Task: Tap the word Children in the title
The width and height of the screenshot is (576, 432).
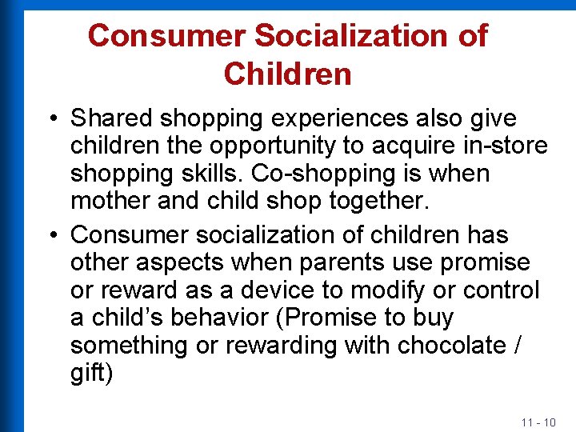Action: pyautogui.click(x=288, y=74)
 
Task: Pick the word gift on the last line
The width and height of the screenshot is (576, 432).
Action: pyautogui.click(x=88, y=373)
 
